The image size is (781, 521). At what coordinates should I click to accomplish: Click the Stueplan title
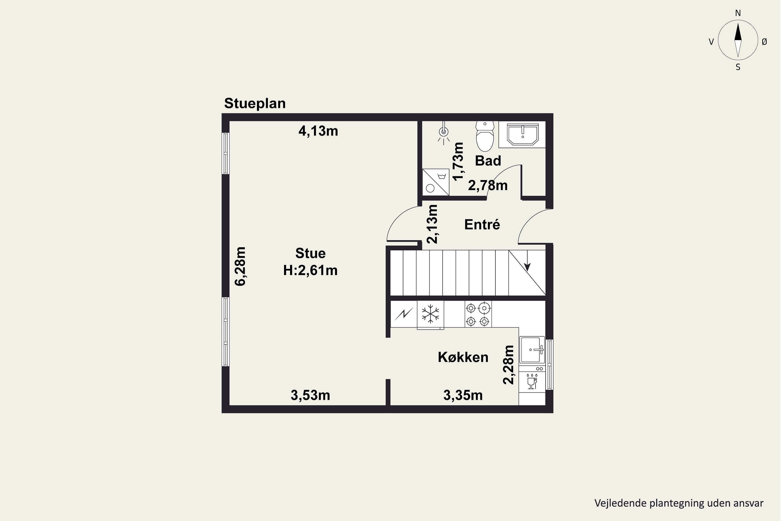coord(255,104)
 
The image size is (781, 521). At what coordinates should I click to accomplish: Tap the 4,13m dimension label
coord(318,131)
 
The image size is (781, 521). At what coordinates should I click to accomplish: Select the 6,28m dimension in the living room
coord(240,266)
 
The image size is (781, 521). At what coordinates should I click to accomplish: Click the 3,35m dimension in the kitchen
coord(463,395)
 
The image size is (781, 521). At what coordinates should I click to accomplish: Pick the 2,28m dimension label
coord(508,365)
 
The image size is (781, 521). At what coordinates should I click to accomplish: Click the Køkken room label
coord(463,357)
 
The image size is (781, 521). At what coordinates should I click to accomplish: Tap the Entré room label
coord(482,225)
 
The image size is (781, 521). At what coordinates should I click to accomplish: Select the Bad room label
coord(488,161)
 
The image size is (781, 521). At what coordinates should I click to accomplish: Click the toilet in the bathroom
coord(485,136)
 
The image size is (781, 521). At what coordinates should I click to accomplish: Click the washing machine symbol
coord(436,182)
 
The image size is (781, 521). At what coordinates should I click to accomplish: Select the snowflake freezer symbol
coord(430,314)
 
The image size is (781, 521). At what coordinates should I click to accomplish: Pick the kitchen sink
coord(532,350)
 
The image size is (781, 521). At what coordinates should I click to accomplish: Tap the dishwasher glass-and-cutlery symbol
coord(532,381)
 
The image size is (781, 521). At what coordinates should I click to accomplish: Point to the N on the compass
coord(738,13)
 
